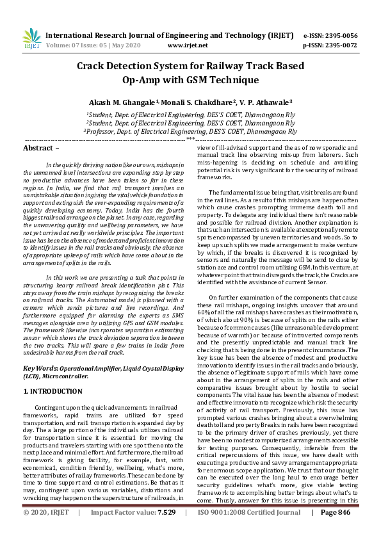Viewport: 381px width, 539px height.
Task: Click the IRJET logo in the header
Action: tap(29, 39)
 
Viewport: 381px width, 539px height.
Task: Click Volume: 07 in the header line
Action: tap(67, 46)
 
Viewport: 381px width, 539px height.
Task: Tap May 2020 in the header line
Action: tap(126, 46)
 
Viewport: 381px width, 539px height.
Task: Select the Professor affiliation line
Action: tap(190, 131)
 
